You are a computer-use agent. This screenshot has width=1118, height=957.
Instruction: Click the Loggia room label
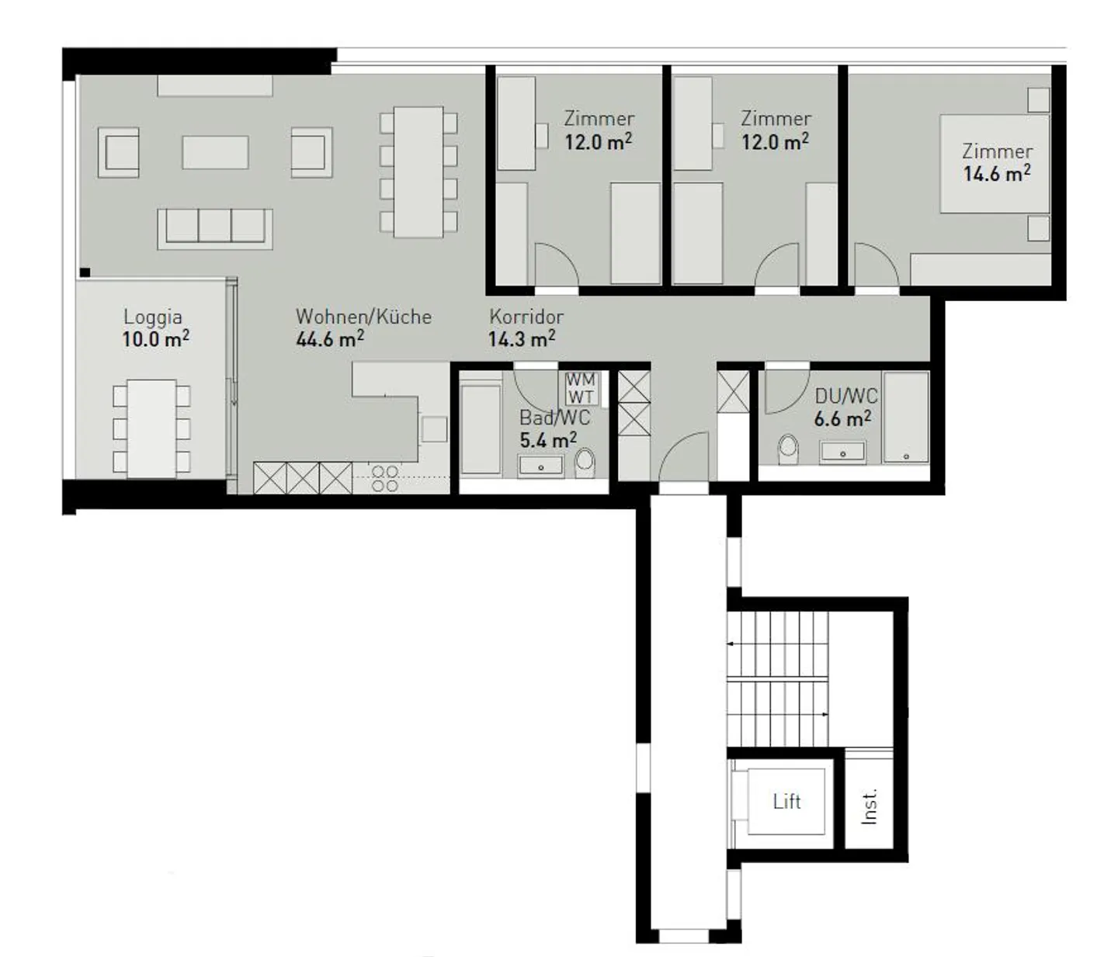click(153, 317)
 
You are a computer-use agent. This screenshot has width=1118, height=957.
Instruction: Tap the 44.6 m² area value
click(329, 339)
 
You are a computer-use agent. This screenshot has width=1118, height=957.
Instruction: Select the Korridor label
click(526, 317)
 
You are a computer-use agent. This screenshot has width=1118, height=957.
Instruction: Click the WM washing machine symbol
click(581, 380)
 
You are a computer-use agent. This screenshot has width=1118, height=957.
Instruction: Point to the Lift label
click(786, 802)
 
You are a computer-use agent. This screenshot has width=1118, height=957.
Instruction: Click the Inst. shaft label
click(870, 806)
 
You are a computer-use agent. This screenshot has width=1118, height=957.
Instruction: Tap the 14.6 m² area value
click(996, 173)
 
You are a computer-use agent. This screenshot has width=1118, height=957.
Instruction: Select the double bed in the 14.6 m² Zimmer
click(994, 164)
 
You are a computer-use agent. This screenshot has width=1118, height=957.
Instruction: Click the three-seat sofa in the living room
click(215, 227)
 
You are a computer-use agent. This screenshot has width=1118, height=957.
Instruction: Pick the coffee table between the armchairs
click(215, 152)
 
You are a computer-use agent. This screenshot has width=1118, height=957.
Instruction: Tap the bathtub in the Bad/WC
click(481, 428)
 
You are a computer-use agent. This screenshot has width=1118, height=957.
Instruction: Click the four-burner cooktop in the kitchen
click(385, 479)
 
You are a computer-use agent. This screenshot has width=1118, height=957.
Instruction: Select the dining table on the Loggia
click(151, 428)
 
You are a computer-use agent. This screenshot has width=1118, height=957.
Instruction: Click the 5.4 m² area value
click(547, 440)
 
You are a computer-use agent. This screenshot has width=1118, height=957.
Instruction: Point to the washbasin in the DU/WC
click(842, 452)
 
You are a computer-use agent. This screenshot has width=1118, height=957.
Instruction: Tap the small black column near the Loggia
click(85, 272)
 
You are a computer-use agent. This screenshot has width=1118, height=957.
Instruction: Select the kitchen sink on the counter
click(434, 429)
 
